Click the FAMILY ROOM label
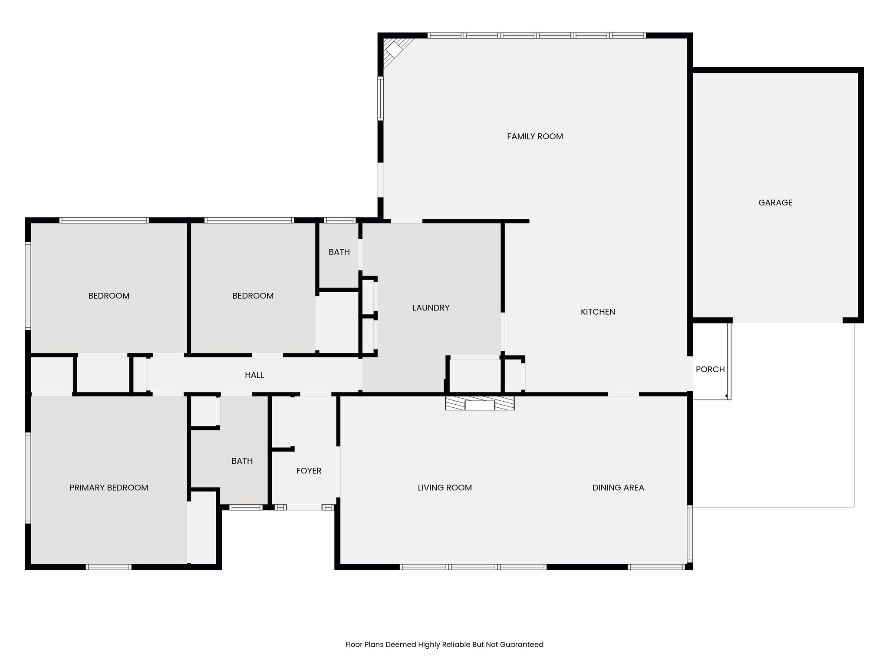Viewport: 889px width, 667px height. pos(535,136)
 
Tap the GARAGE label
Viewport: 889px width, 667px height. pos(775,202)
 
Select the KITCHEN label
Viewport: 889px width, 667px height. pos(598,312)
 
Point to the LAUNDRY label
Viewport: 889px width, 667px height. pos(431,308)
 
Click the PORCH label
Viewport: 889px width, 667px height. pos(710,370)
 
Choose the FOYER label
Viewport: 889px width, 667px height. pos(309,471)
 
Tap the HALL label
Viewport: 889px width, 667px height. pos(254,375)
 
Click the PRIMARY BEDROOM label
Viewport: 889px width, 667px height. pos(109,488)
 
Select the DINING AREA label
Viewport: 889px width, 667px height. pos(618,488)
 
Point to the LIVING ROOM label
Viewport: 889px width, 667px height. pos(444,488)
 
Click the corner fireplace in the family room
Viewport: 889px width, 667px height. pos(395,51)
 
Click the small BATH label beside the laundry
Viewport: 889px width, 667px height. pos(339,252)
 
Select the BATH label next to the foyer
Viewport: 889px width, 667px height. pos(242,461)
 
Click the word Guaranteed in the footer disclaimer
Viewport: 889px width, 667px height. pos(521,644)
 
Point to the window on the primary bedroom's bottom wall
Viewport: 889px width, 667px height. pos(109,567)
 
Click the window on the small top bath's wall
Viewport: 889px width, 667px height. pos(340,220)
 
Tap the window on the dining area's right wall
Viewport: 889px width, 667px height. pos(690,534)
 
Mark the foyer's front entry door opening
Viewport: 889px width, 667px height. pos(304,507)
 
